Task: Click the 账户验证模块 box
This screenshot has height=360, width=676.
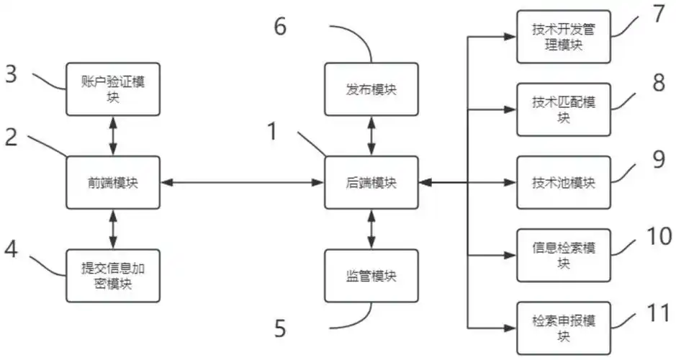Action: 112,89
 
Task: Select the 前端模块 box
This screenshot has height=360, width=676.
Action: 112,183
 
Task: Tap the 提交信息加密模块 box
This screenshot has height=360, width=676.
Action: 112,276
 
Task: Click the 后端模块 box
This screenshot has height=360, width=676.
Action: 371,183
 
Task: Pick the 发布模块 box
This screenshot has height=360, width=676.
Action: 371,89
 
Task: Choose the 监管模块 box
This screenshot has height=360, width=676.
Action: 371,276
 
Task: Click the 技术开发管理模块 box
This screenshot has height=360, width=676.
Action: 564,37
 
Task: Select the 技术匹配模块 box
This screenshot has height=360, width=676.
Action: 564,109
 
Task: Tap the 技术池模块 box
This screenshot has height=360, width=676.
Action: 564,183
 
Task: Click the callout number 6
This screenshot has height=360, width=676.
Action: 279,27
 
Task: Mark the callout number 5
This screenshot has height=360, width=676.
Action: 280,330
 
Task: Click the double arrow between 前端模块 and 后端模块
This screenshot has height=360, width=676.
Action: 242,183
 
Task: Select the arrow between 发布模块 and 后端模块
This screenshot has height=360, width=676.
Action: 371,135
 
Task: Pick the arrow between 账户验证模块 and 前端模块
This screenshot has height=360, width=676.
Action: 112,135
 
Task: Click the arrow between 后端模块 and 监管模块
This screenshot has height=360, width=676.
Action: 371,229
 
